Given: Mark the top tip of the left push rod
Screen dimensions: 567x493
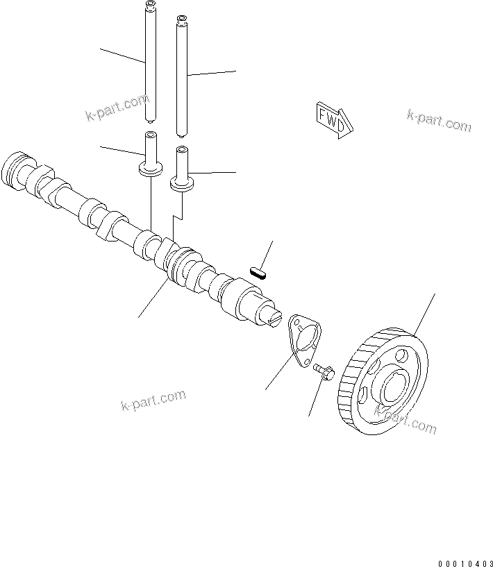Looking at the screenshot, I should point(149,6).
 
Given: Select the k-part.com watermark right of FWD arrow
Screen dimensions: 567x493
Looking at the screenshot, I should point(439,121).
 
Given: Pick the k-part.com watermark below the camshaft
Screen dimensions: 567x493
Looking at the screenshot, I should point(153,400).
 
